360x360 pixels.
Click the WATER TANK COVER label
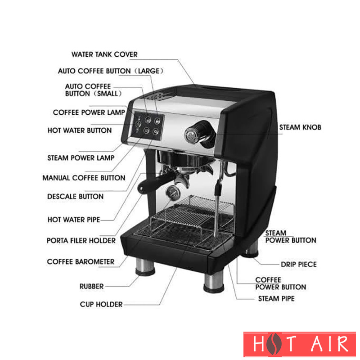pos(104,54)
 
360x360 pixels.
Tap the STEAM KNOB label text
pos(300,127)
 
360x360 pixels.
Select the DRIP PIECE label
pos(299,264)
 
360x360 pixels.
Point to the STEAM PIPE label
pos(276,298)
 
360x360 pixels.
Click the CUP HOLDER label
pos(101,304)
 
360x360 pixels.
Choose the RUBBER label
pos(92,286)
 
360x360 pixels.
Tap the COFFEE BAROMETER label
pos(81,261)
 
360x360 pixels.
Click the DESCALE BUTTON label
pos(75,196)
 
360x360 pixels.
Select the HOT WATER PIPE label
pos(74,220)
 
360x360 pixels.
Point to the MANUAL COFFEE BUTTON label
pos(84,178)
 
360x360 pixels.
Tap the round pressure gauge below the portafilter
pos(173,193)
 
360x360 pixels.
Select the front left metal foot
pos(145,267)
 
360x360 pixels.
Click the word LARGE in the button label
pos(148,71)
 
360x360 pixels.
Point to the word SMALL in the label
pos(108,94)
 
